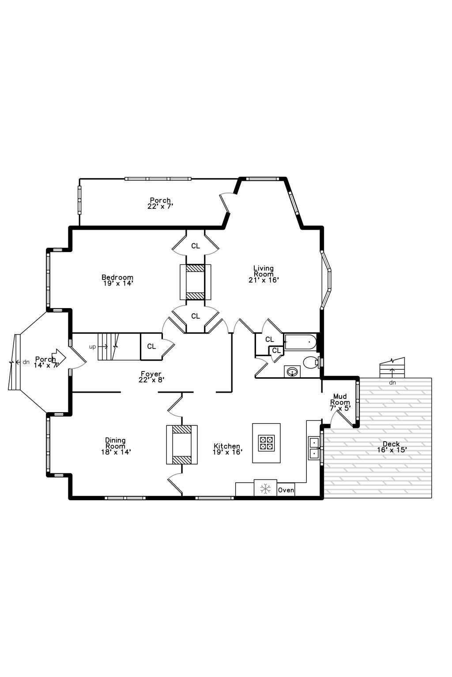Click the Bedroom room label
[117, 280]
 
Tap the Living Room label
[264, 274]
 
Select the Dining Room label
[116, 446]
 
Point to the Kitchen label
[227, 449]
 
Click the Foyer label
[151, 377]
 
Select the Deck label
[392, 447]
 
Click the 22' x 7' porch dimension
[160, 206]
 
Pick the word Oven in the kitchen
[286, 490]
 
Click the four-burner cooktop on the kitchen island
[266, 443]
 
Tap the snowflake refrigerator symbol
[265, 489]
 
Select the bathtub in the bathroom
[300, 342]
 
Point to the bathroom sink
[292, 371]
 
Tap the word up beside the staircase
[92, 347]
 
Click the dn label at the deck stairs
[392, 383]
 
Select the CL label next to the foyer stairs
[151, 346]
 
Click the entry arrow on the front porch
[59, 358]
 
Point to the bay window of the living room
[326, 280]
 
